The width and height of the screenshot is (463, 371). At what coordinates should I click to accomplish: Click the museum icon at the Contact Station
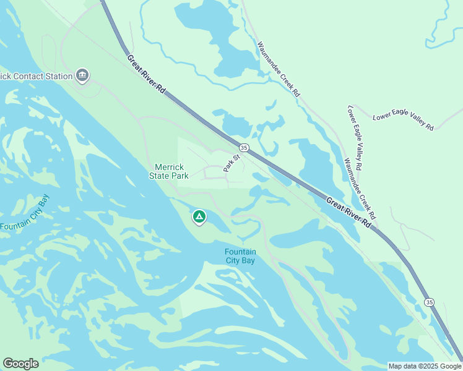tap(82, 76)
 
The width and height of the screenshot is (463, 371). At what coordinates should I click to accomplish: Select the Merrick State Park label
tap(168, 171)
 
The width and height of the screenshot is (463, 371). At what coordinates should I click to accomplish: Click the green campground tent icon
tap(199, 217)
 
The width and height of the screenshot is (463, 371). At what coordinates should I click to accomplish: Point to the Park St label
tap(231, 163)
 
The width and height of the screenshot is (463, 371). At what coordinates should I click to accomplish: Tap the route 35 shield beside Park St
tap(244, 148)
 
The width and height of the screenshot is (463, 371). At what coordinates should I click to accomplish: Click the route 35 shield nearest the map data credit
tap(429, 301)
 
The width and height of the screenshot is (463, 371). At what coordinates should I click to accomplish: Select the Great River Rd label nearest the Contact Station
tap(147, 74)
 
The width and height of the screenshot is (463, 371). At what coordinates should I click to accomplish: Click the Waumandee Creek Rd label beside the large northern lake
tap(278, 69)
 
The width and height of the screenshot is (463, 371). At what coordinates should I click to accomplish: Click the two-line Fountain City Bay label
tap(240, 256)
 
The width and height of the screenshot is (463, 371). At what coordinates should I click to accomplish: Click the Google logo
tap(20, 364)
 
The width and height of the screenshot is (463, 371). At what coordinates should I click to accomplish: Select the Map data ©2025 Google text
tap(425, 366)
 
